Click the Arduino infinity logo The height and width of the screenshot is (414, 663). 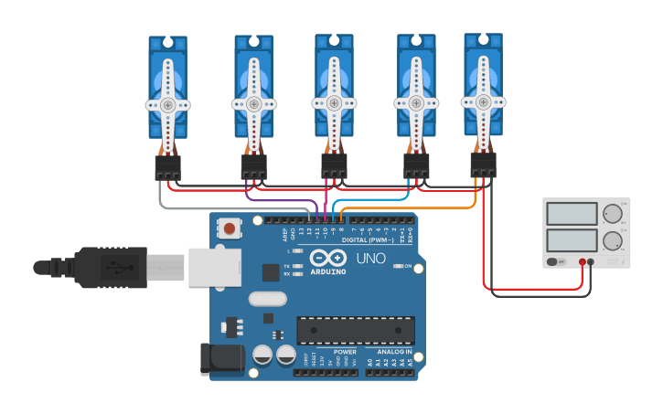click(326, 258)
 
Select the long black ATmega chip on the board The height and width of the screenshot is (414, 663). click(355, 330)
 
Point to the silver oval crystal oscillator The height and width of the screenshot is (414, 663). click(267, 298)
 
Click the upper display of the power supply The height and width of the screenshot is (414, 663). click(571, 214)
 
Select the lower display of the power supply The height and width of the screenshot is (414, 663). click(571, 241)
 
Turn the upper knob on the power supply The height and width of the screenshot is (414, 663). click(612, 215)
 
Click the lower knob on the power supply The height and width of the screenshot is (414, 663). click(612, 242)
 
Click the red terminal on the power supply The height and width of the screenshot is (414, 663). click(582, 262)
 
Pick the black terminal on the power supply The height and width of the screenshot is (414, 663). click(591, 262)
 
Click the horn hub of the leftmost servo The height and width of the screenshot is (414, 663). click(167, 105)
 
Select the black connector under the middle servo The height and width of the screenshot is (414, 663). click(334, 165)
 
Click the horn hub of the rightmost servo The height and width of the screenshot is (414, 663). click(483, 101)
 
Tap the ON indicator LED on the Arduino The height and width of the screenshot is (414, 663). click(398, 266)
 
